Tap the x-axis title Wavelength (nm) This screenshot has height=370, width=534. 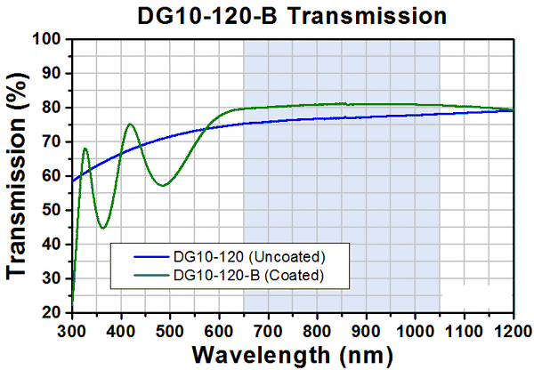(294, 353)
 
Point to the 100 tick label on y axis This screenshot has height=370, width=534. (48, 40)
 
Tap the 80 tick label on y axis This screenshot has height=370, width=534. (53, 109)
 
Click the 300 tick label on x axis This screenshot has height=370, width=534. (72, 329)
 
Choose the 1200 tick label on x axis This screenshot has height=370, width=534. (514, 329)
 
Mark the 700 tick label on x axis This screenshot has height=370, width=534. (268, 329)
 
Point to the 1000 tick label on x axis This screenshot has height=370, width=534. (415, 329)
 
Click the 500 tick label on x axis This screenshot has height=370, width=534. (170, 329)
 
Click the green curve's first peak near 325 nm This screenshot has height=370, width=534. (85, 149)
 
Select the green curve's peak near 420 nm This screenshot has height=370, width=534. (130, 125)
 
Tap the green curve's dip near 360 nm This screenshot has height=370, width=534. (102, 228)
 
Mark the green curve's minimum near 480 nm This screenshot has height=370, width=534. (162, 185)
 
